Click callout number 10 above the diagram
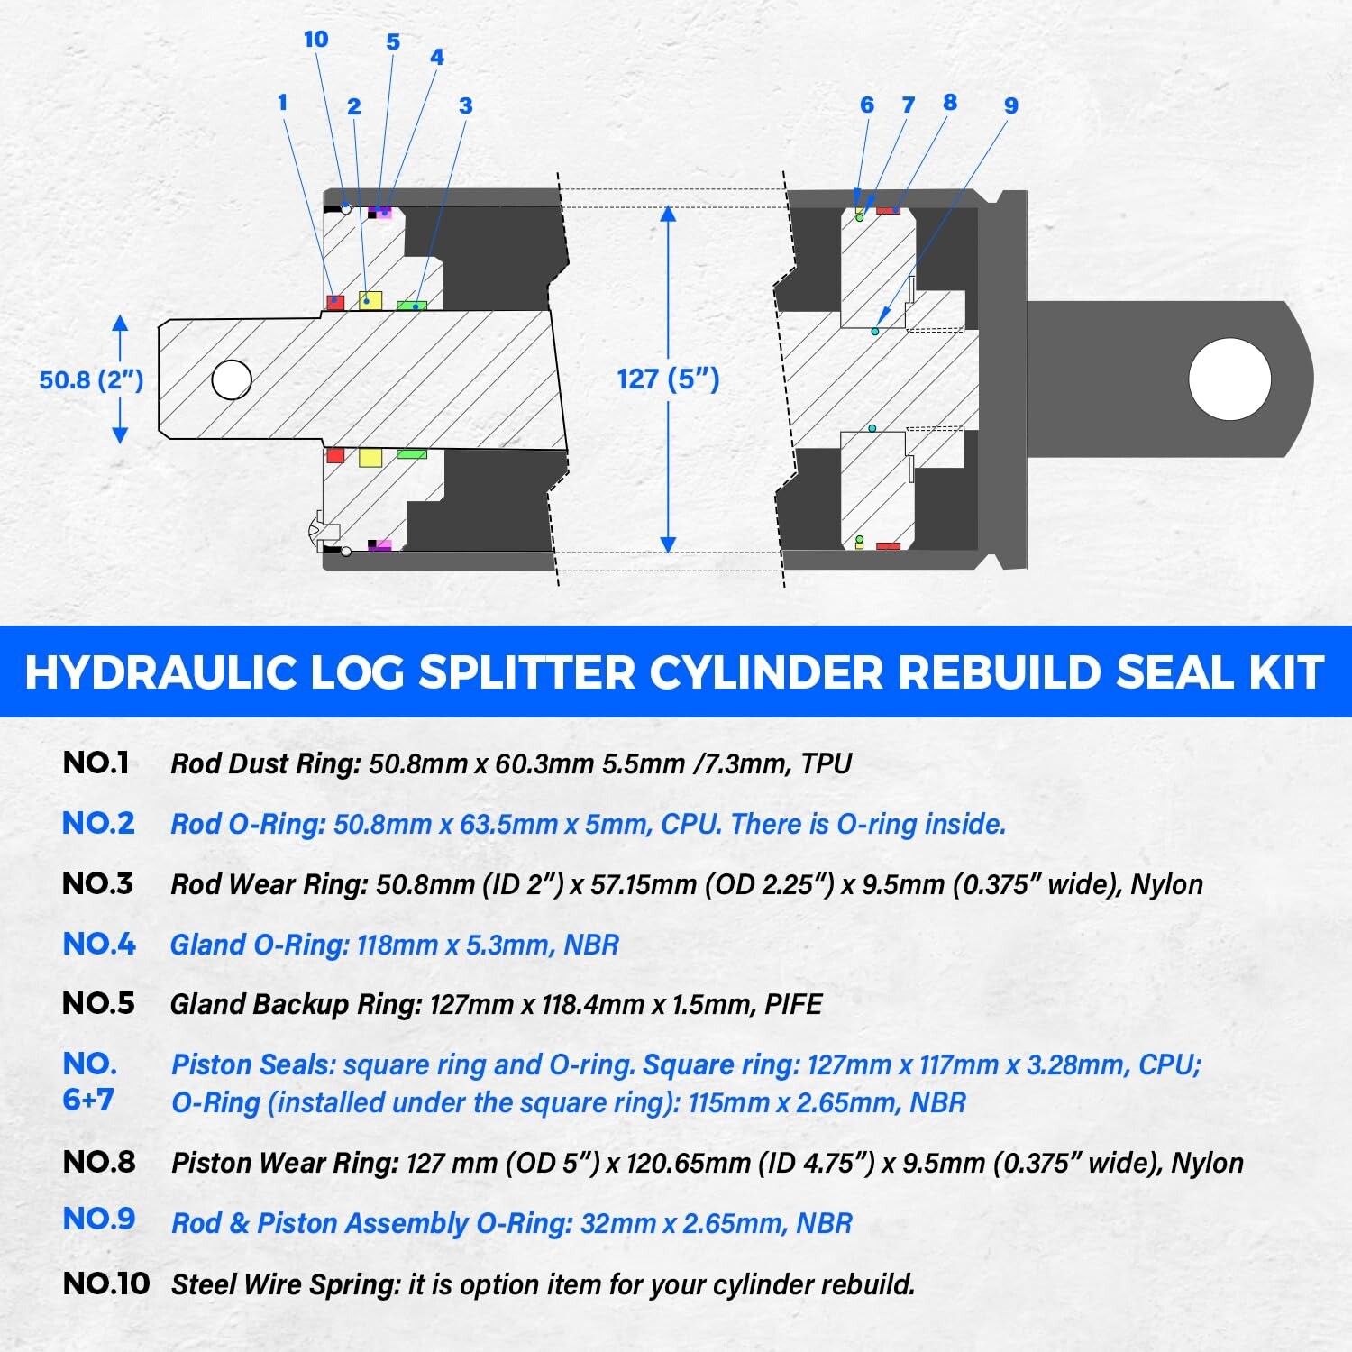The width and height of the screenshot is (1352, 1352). pos(315,40)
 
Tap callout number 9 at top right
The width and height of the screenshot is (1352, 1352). pos(1010,106)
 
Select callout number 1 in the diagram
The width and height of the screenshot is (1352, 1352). pos(282,103)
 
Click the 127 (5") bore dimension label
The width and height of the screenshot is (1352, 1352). pos(668,379)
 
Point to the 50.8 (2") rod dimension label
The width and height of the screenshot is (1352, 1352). pos(91,379)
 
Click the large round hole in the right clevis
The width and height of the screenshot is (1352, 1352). pos(1229,379)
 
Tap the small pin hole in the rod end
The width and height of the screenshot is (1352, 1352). pos(232,379)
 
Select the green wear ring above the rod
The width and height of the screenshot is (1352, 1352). pos(412,306)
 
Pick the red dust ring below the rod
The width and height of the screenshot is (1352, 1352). pos(335,455)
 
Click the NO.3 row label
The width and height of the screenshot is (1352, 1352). pos(97,883)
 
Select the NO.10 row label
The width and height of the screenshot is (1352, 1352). pos(105,1283)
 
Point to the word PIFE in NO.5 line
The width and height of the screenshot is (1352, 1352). pos(793,1004)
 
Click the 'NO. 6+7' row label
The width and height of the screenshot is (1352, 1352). pos(89,1082)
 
